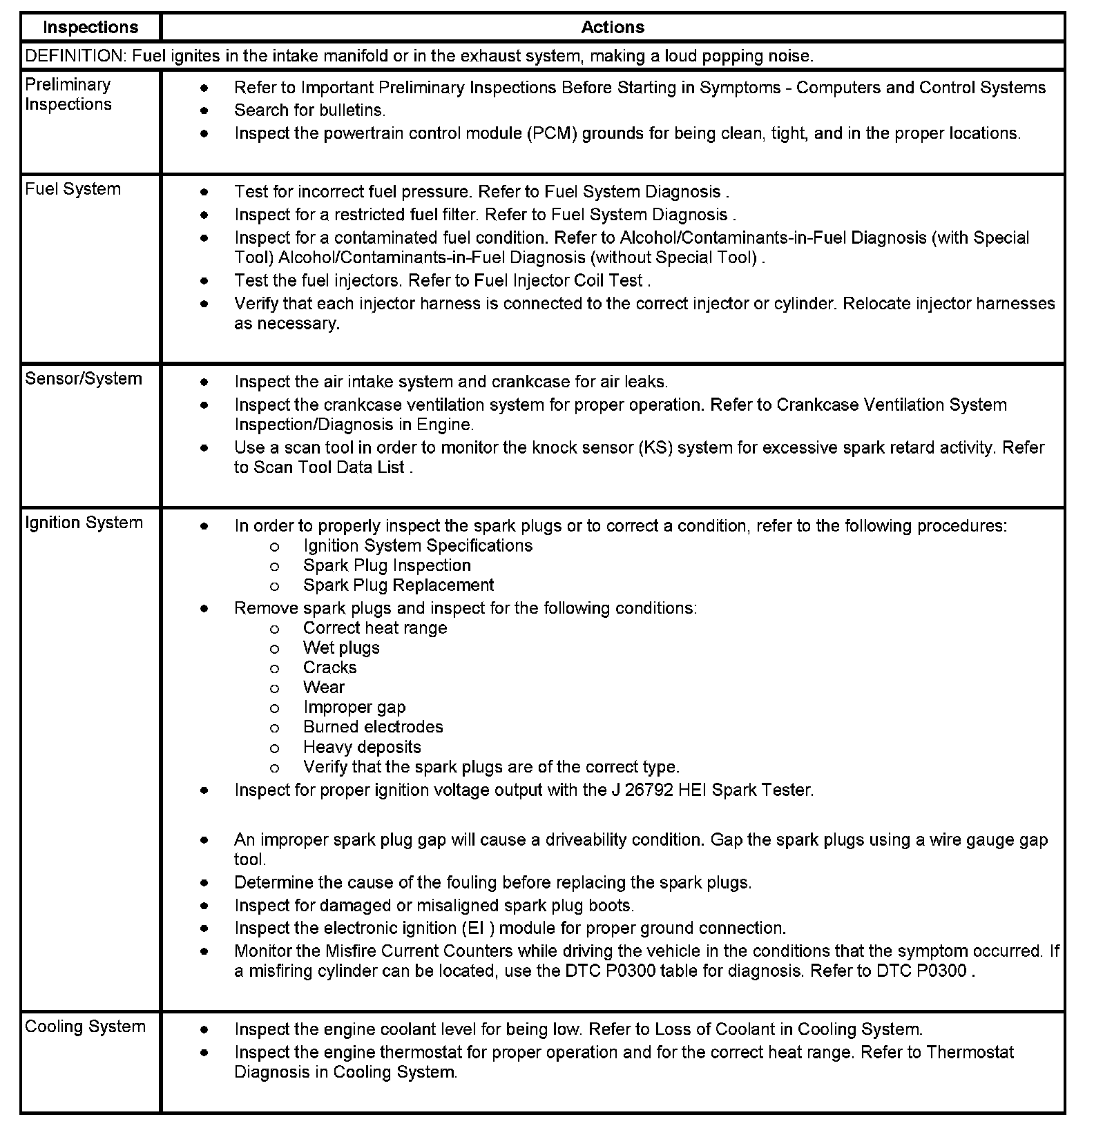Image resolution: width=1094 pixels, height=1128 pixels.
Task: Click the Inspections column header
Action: (90, 28)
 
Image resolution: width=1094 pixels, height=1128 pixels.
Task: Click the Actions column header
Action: (613, 28)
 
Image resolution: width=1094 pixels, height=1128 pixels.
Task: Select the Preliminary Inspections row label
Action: (68, 95)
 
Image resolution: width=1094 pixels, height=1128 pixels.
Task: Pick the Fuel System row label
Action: (73, 189)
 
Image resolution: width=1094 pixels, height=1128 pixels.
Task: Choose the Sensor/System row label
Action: (84, 379)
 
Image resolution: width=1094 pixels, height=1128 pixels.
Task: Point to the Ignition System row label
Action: (84, 523)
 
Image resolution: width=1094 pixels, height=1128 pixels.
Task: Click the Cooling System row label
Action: (85, 1027)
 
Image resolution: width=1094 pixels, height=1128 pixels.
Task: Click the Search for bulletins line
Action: (309, 110)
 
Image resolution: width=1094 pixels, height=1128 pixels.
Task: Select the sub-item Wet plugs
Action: (341, 648)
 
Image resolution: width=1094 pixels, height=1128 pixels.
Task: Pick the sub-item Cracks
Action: (329, 668)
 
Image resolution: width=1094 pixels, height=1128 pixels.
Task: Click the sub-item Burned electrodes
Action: (373, 727)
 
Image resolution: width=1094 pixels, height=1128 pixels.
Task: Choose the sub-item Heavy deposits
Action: (362, 747)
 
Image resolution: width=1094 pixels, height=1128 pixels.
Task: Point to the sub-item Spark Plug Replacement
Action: (399, 585)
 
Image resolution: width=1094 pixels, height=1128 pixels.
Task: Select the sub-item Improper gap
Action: (354, 708)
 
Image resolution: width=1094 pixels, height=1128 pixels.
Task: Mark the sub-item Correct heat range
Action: (375, 628)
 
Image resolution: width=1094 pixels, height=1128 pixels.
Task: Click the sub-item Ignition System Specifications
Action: (418, 546)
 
